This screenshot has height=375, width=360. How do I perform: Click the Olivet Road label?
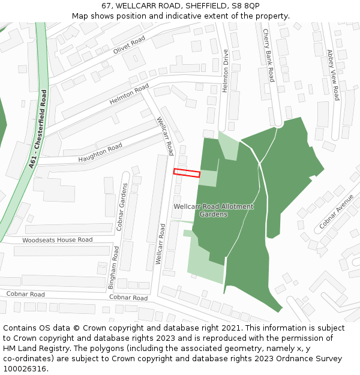click(129, 45)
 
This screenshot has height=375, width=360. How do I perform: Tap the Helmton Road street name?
click(129, 95)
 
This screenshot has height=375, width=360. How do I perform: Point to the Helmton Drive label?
click(226, 71)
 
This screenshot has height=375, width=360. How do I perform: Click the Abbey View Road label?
click(332, 74)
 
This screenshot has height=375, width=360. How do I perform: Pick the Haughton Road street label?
click(100, 153)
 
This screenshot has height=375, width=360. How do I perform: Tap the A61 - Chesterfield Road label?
click(37, 129)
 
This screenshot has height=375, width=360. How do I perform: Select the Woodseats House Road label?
click(58, 240)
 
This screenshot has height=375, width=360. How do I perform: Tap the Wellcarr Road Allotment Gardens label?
click(214, 210)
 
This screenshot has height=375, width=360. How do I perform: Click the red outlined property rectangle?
click(187, 173)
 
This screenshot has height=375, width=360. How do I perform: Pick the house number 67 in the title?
click(106, 5)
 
